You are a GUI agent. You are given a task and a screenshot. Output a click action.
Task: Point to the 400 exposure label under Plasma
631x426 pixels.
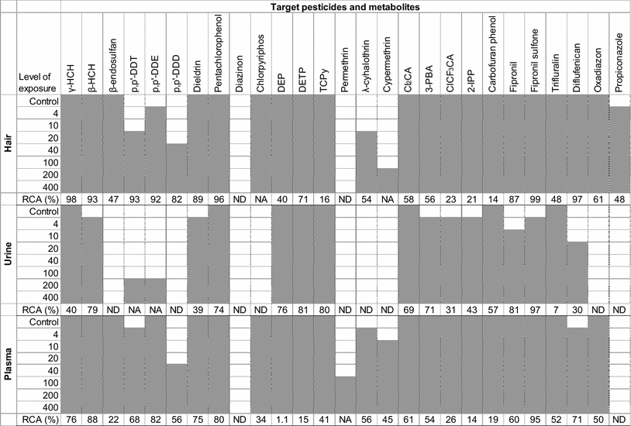tap(51, 407)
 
